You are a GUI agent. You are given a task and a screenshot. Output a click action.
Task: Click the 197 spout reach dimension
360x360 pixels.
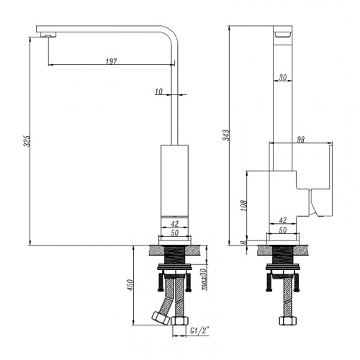click(111, 61)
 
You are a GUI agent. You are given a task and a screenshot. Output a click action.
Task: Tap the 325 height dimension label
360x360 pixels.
click(28, 141)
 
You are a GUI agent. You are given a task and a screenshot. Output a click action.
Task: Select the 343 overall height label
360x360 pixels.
click(226, 135)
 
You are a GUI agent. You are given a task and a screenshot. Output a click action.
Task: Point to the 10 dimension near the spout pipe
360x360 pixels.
click(158, 91)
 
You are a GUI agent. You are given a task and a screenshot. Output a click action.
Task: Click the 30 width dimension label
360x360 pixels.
click(283, 77)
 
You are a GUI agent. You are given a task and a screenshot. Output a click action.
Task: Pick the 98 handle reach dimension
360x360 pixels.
click(300, 140)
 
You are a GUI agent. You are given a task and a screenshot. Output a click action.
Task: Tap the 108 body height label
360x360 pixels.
click(244, 205)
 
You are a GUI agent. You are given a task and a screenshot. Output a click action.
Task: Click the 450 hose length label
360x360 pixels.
click(130, 285)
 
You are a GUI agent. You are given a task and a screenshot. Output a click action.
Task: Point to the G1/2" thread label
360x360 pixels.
click(199, 330)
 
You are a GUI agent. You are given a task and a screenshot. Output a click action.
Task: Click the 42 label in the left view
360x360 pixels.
click(175, 224)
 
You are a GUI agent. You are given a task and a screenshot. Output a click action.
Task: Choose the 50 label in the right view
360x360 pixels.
click(283, 230)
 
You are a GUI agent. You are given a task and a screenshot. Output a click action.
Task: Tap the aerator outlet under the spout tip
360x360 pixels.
click(48, 35)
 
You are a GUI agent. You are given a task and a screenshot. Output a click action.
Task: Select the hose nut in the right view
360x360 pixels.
click(288, 320)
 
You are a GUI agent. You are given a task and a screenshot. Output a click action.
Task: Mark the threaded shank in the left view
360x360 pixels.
click(175, 254)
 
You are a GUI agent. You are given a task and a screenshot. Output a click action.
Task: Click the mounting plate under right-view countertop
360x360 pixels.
click(283, 266)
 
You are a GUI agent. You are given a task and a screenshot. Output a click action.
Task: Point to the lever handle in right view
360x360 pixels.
click(321, 180)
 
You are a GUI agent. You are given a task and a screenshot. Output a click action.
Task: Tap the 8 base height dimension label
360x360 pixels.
click(244, 243)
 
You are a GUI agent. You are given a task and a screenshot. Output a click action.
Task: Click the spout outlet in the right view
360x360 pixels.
click(283, 35)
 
